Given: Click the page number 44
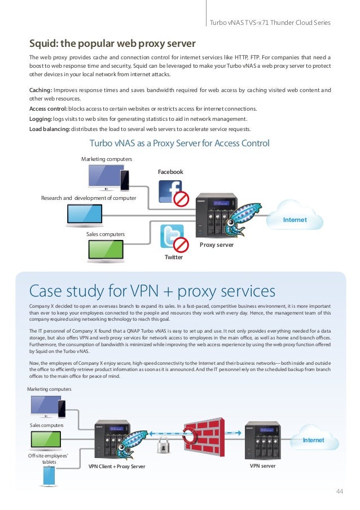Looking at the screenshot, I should [339, 491].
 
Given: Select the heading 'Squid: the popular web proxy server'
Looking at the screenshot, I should [112, 43].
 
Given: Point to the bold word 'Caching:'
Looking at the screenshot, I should [41, 90].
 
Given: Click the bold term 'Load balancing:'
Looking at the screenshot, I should [50, 128].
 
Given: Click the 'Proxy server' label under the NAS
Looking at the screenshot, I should [217, 245].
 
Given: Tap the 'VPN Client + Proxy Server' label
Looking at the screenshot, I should [117, 467].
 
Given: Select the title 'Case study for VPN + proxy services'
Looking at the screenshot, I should [152, 291].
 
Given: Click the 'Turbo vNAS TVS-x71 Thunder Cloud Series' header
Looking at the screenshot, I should [269, 23].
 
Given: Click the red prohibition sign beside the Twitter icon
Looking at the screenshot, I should [181, 244].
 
